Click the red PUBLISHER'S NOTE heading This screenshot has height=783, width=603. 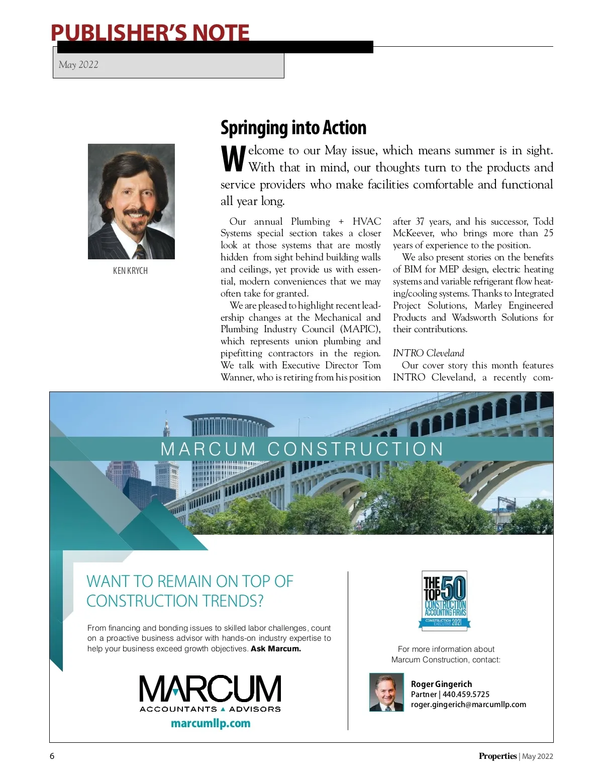[x=150, y=33]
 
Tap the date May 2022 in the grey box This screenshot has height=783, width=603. [x=78, y=64]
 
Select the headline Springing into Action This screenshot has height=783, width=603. [x=293, y=128]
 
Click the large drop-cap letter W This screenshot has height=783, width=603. [x=233, y=159]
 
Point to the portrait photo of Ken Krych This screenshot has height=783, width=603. [x=131, y=201]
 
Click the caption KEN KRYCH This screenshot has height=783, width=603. [x=130, y=270]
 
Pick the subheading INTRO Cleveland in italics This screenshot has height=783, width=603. [x=428, y=353]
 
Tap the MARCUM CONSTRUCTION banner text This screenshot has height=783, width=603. [x=301, y=449]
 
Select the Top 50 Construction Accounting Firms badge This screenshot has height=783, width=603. [x=445, y=600]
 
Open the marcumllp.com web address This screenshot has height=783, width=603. [x=211, y=723]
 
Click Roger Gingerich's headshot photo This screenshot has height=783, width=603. [x=386, y=692]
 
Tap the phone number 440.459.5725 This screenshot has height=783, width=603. [x=466, y=694]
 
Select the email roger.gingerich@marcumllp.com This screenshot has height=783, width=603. [x=468, y=704]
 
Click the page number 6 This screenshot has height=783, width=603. [x=52, y=756]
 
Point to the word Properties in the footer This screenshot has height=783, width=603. [x=497, y=756]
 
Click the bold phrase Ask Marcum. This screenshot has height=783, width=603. [x=276, y=648]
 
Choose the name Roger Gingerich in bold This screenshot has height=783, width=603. [x=441, y=684]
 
